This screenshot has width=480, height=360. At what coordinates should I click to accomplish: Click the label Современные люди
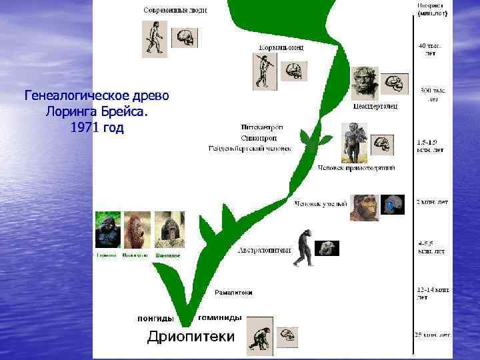pyautogui.click(x=175, y=11)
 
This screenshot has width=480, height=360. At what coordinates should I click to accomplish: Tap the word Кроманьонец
pyautogui.click(x=281, y=47)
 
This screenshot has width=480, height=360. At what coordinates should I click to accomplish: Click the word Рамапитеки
pyautogui.click(x=233, y=293)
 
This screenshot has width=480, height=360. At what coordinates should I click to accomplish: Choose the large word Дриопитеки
pyautogui.click(x=191, y=337)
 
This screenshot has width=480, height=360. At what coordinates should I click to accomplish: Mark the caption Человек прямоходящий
pyautogui.click(x=356, y=168)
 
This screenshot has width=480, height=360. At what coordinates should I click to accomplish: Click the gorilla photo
pyautogui.click(x=107, y=230)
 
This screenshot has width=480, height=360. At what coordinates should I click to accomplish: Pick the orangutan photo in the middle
pyautogui.click(x=136, y=230)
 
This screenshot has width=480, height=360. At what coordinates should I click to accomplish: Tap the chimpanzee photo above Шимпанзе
pyautogui.click(x=169, y=230)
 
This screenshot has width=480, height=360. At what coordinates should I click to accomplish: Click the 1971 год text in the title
pyautogui.click(x=97, y=127)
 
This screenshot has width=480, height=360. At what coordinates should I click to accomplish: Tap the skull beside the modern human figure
pyautogui.click(x=183, y=37)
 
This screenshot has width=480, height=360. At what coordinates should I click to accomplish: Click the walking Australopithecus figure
pyautogui.click(x=304, y=247)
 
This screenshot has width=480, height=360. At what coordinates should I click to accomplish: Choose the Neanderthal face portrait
pyautogui.click(x=365, y=83)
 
